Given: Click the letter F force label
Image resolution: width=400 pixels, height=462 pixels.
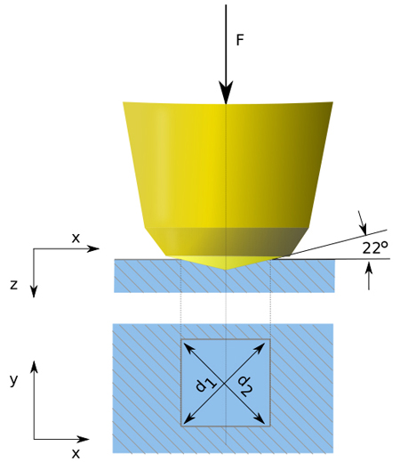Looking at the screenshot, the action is tap(240, 40).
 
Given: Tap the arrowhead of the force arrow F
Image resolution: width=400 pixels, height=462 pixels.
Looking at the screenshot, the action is tap(226, 93).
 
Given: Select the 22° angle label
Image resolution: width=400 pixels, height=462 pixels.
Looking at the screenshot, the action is tap(375, 247).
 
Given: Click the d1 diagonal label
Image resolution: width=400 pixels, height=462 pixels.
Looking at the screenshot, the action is tap(206, 385).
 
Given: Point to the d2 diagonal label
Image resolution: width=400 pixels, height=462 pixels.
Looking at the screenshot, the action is tap(246, 385).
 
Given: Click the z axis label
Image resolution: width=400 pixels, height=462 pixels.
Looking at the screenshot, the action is tap(13, 285).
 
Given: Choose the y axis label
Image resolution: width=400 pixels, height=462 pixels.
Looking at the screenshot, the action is tap(13, 380).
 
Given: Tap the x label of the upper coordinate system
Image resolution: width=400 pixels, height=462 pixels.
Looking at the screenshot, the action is tap(76, 238).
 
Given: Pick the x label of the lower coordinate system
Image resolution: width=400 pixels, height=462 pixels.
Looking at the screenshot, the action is tap(76, 454).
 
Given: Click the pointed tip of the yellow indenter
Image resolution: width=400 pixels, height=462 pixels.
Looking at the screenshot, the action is tap(226, 270).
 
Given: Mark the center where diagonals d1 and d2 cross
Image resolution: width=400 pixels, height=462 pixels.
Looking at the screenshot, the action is tap(226, 383).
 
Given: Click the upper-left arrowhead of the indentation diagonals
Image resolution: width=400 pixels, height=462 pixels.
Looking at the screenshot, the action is tap(188, 347).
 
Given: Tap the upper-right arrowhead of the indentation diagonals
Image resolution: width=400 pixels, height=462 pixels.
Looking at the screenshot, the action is tap(260, 347).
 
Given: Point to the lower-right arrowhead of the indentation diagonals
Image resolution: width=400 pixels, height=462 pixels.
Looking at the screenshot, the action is tap(260, 418).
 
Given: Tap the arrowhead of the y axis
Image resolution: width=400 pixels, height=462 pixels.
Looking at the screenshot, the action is tap(35, 367).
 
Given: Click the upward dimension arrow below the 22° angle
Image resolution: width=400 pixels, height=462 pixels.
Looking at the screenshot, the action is tap(369, 277).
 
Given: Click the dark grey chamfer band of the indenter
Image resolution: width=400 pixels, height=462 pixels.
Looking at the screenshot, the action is tap(227, 241).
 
